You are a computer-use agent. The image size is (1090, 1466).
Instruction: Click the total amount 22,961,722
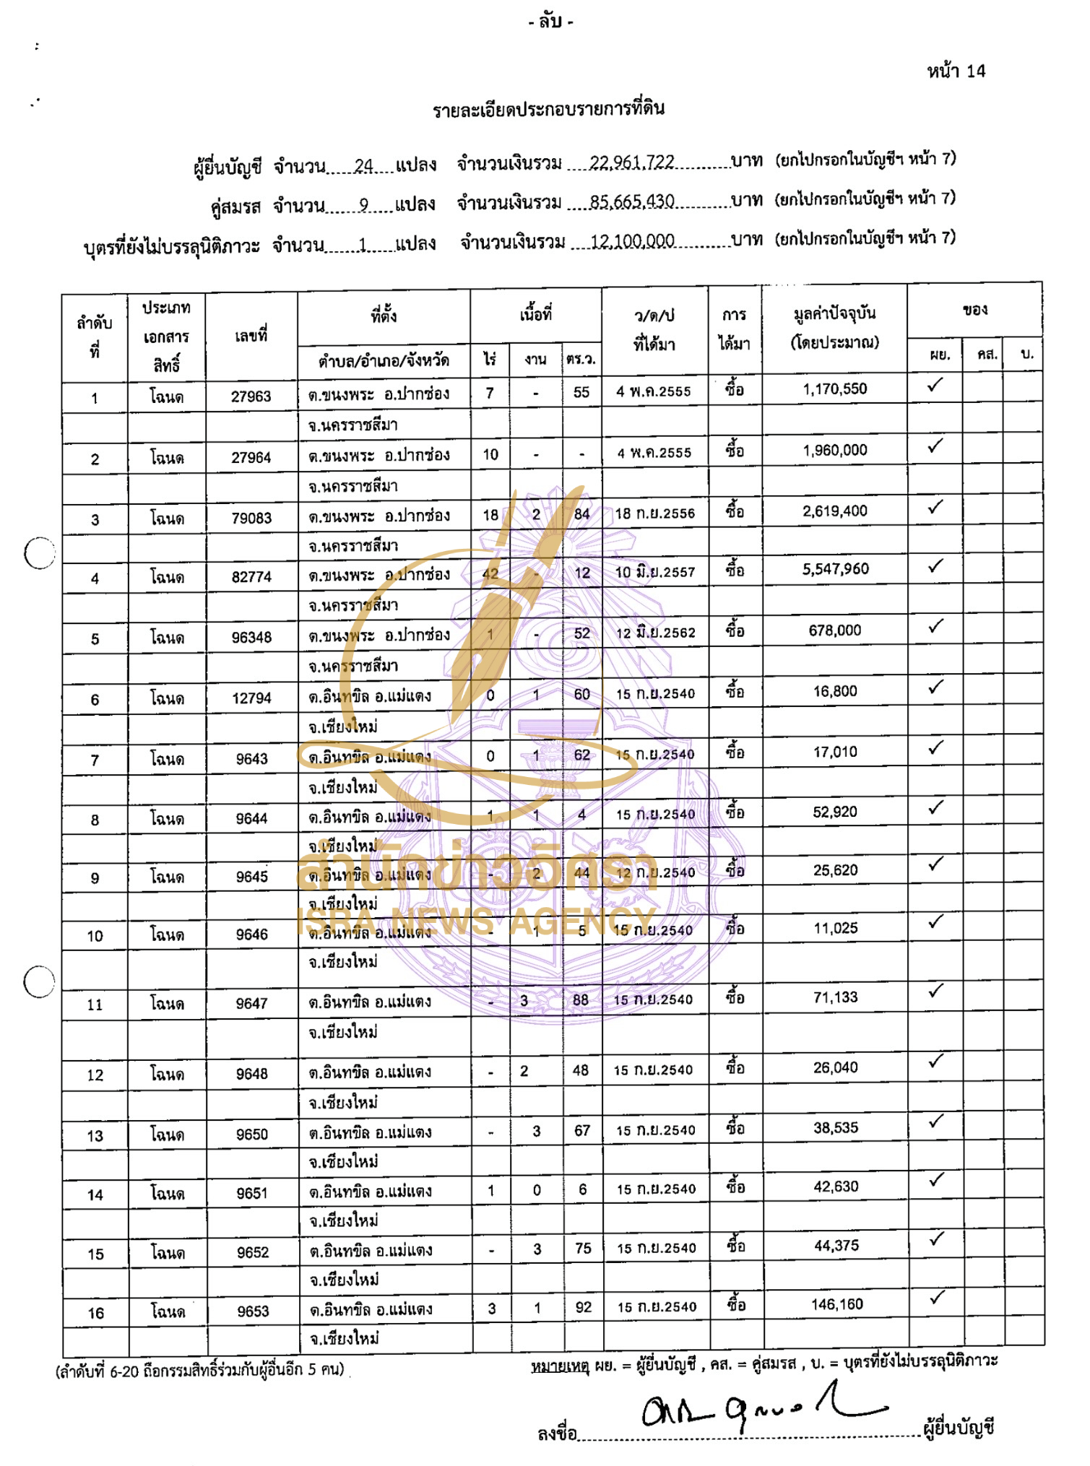(x=631, y=162)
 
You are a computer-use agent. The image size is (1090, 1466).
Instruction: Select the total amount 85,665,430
(x=631, y=201)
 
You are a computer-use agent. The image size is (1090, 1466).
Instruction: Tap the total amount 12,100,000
(x=632, y=240)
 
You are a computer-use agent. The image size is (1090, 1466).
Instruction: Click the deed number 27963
(x=251, y=396)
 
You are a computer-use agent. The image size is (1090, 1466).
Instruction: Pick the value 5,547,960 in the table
(x=835, y=569)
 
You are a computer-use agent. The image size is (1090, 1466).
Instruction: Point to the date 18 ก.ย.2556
(x=654, y=513)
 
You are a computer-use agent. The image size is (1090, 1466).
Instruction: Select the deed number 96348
(x=251, y=637)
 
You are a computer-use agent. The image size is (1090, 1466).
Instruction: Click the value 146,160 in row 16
(x=836, y=1304)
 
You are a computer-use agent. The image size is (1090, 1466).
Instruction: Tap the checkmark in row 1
(x=935, y=385)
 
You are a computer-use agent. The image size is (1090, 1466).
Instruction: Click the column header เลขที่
(x=251, y=335)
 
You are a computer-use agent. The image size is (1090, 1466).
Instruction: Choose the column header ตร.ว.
(x=581, y=359)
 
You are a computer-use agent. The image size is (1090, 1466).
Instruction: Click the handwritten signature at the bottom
(x=758, y=1408)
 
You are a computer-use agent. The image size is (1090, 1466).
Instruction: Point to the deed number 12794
(x=251, y=698)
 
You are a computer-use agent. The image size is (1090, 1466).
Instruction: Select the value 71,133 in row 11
(x=836, y=997)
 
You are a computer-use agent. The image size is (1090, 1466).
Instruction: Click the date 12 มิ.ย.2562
(x=655, y=633)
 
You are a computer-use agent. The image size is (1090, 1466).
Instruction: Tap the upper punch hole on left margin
(x=39, y=553)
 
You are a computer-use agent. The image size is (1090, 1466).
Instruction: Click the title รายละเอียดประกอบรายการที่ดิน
(x=548, y=109)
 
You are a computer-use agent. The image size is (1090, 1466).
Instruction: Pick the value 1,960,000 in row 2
(x=835, y=450)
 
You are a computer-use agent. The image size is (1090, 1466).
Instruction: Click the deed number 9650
(x=252, y=1134)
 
